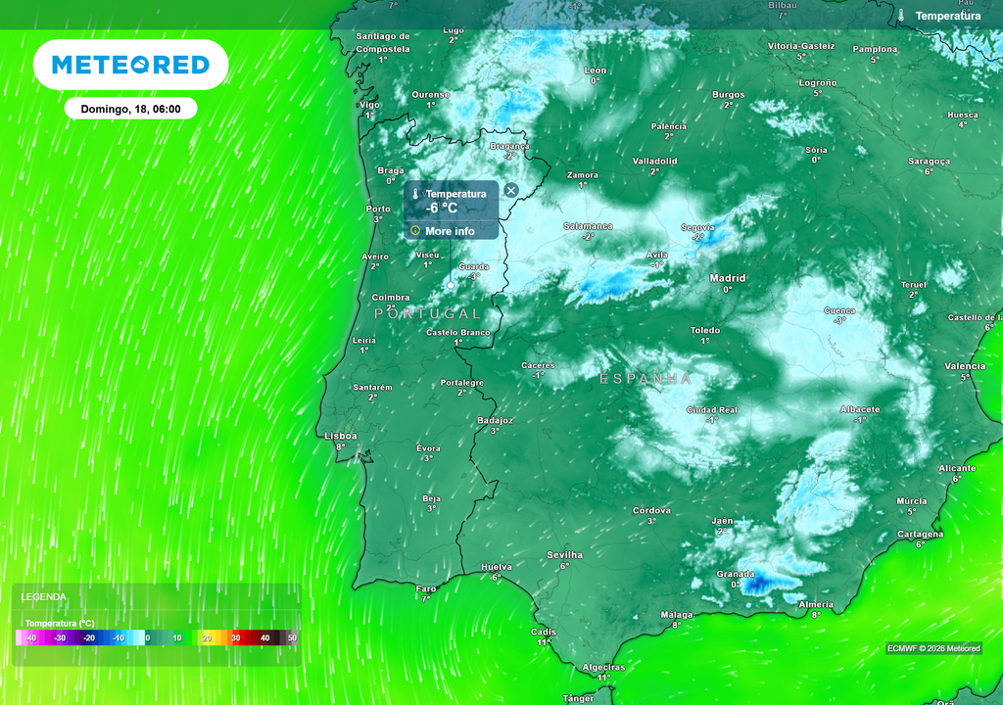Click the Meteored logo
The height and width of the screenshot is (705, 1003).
tap(130, 65)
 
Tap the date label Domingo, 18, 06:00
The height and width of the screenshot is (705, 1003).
tap(130, 109)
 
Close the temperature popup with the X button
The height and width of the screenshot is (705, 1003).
tap(510, 190)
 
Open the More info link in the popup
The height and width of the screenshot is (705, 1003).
tap(450, 231)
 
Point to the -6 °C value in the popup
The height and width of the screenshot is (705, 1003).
tap(442, 208)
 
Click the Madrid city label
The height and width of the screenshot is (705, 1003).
tap(727, 278)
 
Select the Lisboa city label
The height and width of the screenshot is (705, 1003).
tap(341, 436)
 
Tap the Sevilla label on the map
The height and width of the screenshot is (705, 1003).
tap(564, 555)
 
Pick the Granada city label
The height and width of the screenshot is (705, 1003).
tap(736, 574)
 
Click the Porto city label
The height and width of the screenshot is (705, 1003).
tap(378, 209)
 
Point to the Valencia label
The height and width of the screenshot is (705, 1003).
tap(965, 366)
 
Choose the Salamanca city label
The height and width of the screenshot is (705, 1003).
tap(588, 226)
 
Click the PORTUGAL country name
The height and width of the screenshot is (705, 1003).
tap(428, 313)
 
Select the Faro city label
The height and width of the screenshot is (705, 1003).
tap(426, 588)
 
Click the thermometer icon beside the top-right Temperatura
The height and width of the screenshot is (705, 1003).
tap(900, 16)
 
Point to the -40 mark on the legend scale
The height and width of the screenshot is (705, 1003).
tap(31, 637)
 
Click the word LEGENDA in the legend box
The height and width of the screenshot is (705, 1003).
tap(44, 596)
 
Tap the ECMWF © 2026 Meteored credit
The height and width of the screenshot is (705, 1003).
tap(933, 648)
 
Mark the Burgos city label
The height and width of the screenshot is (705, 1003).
tap(729, 95)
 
